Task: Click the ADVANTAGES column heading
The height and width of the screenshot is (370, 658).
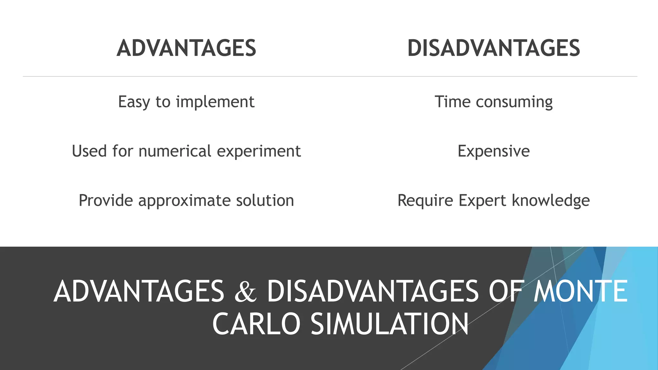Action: [186, 48]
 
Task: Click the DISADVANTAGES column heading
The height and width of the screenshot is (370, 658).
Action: [493, 48]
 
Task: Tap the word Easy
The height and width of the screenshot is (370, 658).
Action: [134, 102]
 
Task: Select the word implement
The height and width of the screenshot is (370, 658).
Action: [215, 102]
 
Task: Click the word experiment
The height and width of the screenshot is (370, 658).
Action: [259, 151]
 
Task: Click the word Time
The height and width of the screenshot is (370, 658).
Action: [453, 102]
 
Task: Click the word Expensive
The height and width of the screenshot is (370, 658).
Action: [493, 151]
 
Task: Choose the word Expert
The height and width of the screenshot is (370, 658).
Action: [483, 201]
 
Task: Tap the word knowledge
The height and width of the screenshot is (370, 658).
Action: [551, 201]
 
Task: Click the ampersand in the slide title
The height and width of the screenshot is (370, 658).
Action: [246, 292]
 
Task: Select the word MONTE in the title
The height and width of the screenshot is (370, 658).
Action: [580, 291]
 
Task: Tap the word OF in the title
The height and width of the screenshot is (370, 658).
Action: [506, 291]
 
